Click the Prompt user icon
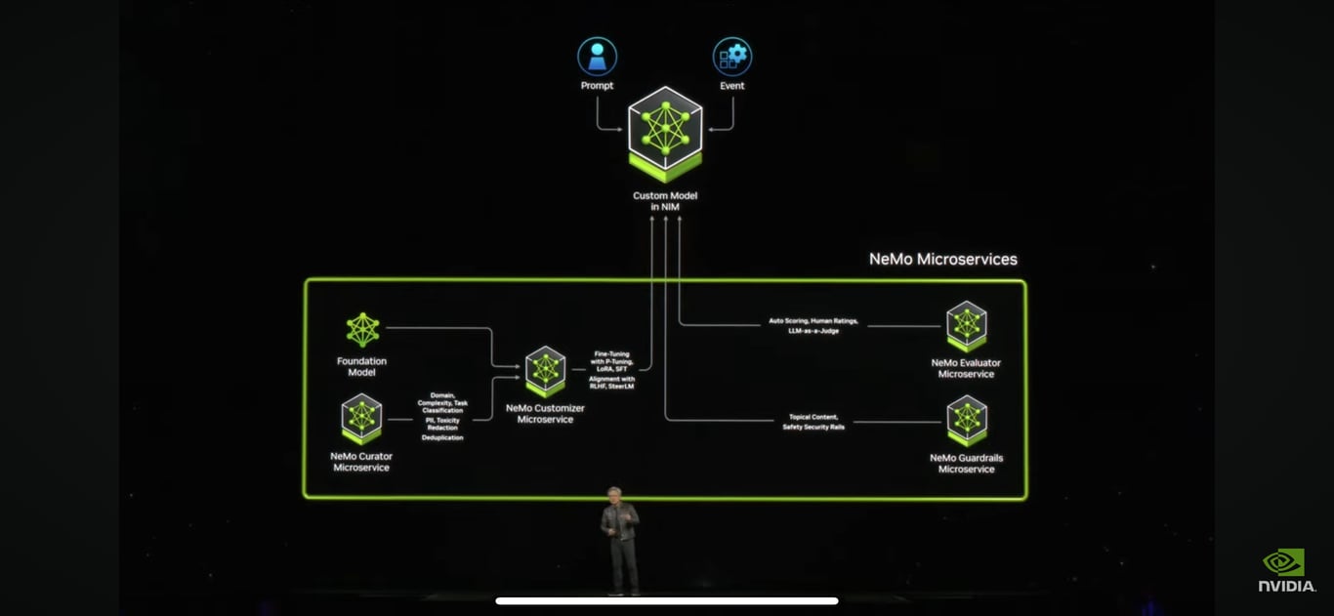597,57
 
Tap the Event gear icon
732,57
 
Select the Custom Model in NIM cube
665,133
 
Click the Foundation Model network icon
362,330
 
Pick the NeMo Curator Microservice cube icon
361,418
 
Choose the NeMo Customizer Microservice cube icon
545,371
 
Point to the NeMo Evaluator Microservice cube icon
966,325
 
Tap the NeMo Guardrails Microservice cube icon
966,420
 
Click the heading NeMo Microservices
943,259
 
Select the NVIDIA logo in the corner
1286,570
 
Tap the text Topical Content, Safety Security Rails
813,422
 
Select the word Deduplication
442,437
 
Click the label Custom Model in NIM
665,201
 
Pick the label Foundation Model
362,366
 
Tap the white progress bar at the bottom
667,600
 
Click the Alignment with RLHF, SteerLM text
611,382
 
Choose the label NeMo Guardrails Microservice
966,463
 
